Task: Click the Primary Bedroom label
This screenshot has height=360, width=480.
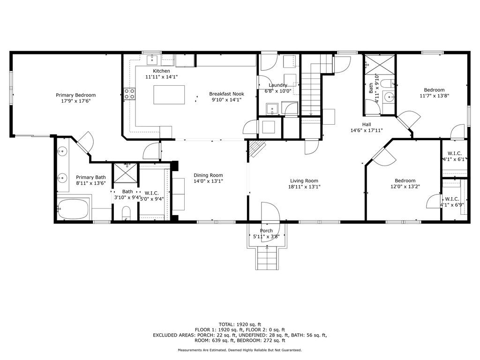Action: point(75,95)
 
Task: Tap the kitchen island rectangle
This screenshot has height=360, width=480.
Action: point(169,95)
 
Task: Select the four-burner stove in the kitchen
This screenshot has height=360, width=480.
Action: point(129,94)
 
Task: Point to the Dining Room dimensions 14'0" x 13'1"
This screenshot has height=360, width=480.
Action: point(208,181)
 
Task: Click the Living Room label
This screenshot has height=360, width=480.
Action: point(304,181)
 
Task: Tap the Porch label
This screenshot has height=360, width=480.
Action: point(266,231)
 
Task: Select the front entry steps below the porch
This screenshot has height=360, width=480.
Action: point(267,259)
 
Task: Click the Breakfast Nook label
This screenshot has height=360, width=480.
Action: point(226,94)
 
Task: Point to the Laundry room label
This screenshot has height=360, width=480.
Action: point(278,85)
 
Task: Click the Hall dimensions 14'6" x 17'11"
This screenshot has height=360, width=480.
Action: point(367,130)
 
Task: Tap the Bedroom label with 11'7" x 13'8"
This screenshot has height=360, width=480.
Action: point(434,90)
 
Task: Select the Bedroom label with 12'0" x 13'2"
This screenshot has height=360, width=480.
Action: point(405,180)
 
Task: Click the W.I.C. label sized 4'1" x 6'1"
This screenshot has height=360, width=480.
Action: point(455,153)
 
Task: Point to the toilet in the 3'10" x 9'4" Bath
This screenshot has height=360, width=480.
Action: point(126,213)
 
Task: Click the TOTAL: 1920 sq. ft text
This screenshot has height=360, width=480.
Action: point(240,324)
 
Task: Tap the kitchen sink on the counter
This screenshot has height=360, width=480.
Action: point(152,60)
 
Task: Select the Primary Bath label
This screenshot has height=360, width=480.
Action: point(91,177)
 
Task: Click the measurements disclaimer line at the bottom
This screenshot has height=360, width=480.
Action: point(240,350)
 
